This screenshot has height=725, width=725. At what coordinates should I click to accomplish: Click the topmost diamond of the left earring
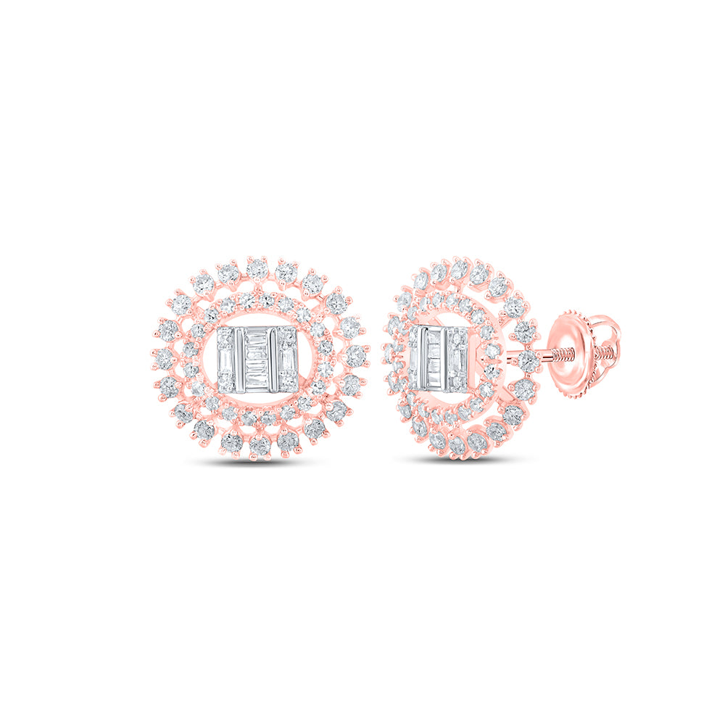257,268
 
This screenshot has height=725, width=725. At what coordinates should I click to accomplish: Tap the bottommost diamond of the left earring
260,445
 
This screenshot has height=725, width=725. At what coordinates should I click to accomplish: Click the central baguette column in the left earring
257,360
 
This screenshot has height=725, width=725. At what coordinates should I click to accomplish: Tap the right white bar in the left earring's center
274,360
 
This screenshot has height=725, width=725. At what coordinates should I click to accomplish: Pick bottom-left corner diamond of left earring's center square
225,379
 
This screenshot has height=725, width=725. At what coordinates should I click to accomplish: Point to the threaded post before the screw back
555,357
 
